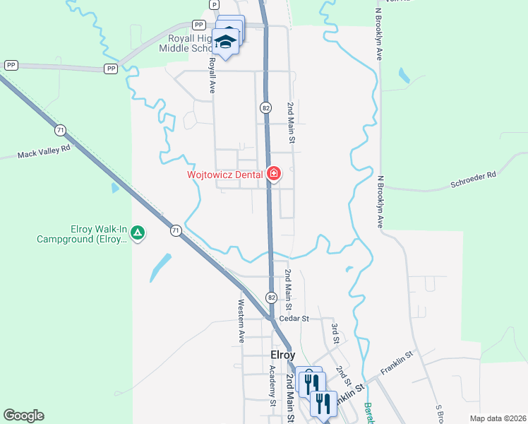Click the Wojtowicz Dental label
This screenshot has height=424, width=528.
pos(224,174)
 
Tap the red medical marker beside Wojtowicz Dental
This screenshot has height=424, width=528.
pos(273,174)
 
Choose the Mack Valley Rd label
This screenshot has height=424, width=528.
pos(44,152)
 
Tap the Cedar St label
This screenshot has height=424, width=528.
pos(294,319)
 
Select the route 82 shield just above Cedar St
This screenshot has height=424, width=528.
pos(271,298)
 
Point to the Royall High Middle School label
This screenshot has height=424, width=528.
pos(186,43)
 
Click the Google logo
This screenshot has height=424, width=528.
pos(23,416)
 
